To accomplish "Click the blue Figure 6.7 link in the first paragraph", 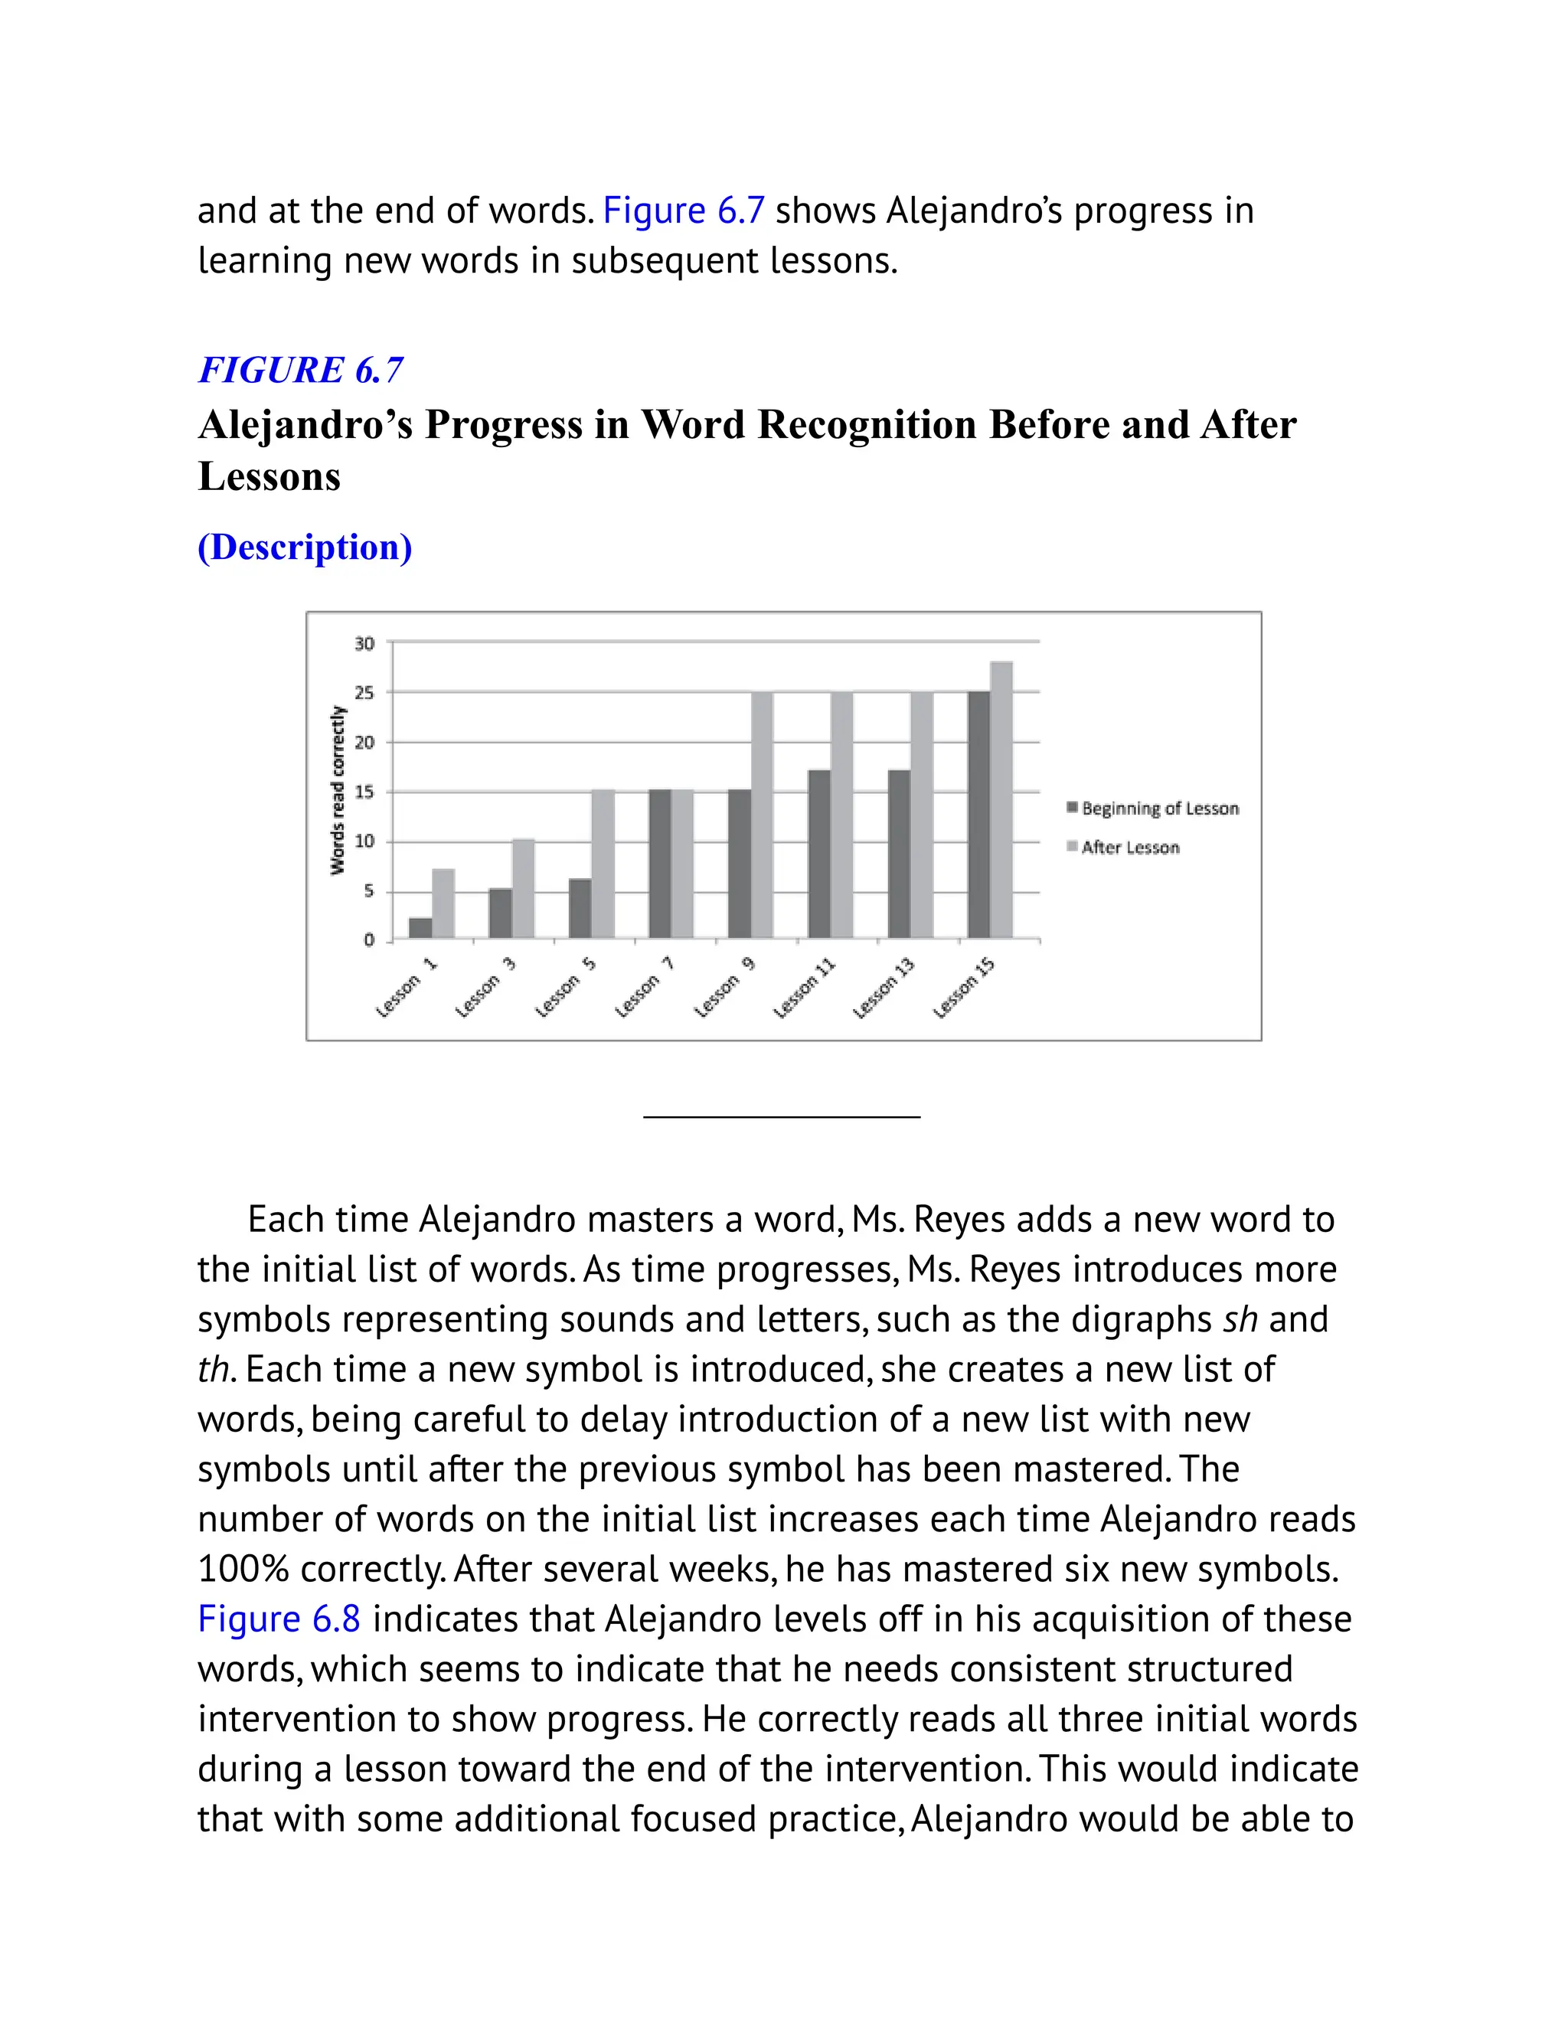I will (684, 211).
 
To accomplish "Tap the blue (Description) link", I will (305, 547).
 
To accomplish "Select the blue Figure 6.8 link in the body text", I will (279, 1619).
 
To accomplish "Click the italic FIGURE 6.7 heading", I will (301, 370).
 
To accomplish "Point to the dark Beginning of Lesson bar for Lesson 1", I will (420, 927).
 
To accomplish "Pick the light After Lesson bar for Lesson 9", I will (762, 814).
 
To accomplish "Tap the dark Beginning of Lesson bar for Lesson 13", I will (898, 853).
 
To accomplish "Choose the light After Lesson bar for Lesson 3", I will (523, 888).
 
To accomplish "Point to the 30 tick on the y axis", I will (364, 643).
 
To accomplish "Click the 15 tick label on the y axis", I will (364, 792).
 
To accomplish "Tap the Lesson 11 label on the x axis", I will (805, 988).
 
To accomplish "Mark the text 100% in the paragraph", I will (243, 1569).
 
